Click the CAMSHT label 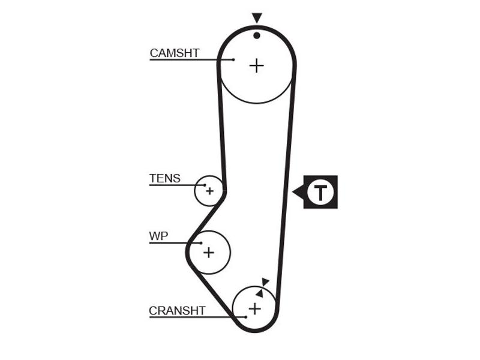coord(175,53)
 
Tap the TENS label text coord(164,178)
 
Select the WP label coord(158,236)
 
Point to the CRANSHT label coord(177,311)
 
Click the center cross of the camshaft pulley coord(257,66)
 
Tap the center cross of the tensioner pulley coord(209,191)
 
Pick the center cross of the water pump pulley coord(209,253)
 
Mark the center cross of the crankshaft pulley coord(254,308)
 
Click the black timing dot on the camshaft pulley coord(257,35)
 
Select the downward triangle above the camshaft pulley coord(257,17)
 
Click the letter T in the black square coord(320,192)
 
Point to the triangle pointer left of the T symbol coord(298,192)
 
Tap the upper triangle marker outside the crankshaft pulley coord(265,281)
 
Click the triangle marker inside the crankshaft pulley coord(260,293)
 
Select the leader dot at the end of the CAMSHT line coord(233,59)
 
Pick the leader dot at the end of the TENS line coord(205,185)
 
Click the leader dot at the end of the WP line coord(201,243)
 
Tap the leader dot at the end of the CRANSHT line coord(246,317)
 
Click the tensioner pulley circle coord(195,191)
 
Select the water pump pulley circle coord(230,253)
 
